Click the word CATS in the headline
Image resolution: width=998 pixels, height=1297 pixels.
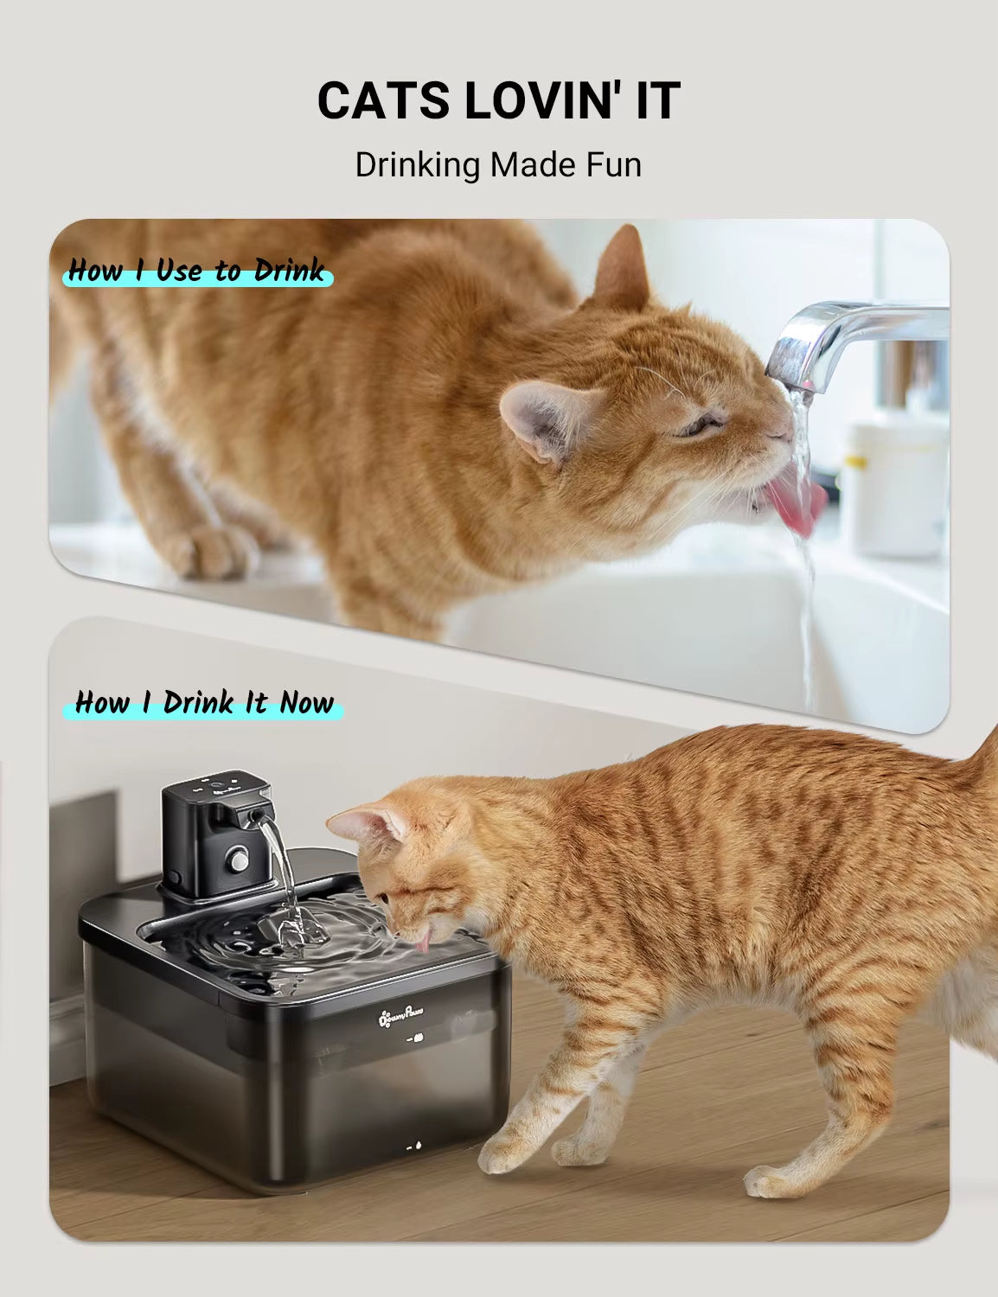coord(385,100)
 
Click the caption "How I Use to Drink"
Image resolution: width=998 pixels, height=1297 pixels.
coord(197,271)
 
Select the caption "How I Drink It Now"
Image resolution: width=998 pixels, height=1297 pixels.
coord(203,702)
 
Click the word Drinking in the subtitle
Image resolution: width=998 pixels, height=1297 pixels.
coord(417,164)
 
